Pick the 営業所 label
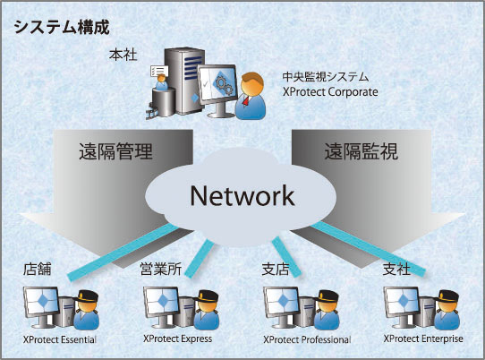pyautogui.click(x=160, y=268)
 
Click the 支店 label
pyautogui.click(x=279, y=268)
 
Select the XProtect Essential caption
pyautogui.click(x=59, y=340)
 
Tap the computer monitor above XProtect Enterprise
pyautogui.click(x=402, y=305)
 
